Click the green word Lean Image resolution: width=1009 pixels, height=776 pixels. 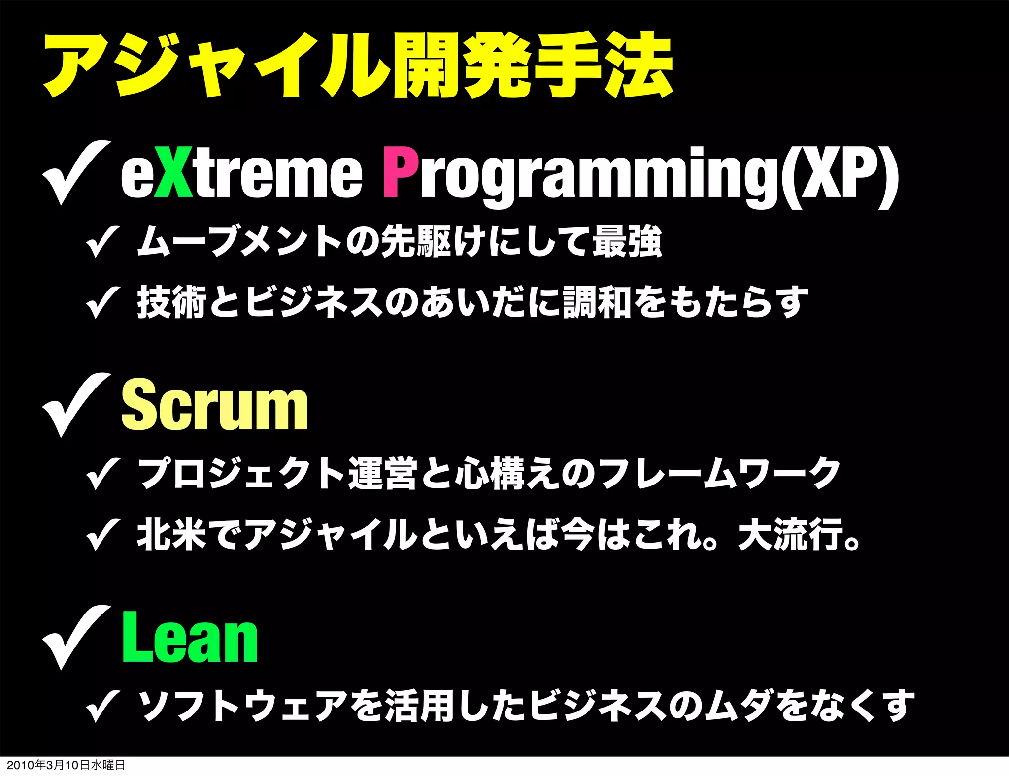(190, 638)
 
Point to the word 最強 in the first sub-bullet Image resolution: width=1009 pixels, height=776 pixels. (627, 241)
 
